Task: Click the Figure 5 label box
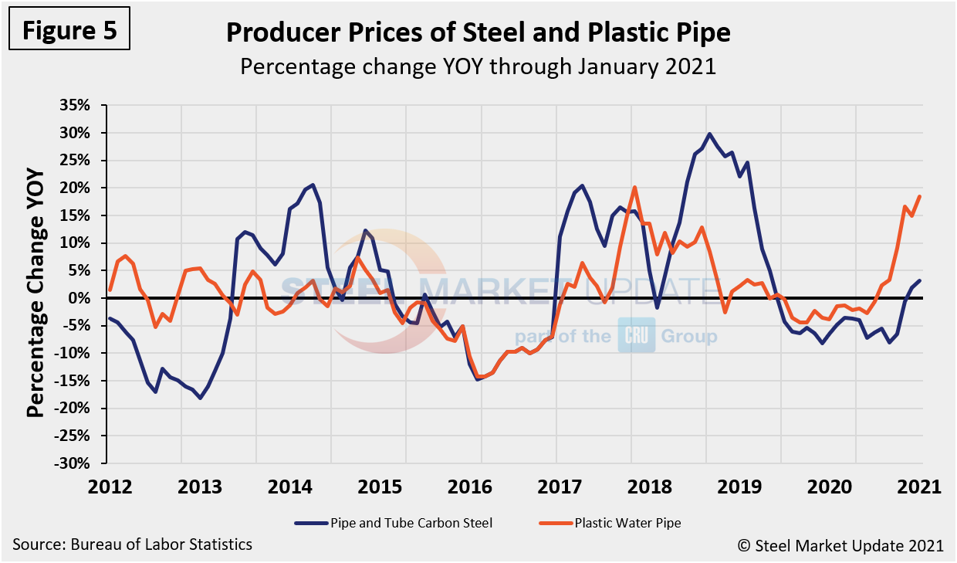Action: click(x=69, y=31)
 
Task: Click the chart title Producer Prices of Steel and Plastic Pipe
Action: click(x=478, y=32)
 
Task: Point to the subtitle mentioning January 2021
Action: click(x=478, y=66)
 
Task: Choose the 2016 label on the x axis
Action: click(x=481, y=487)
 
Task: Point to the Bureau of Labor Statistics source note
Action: click(x=132, y=544)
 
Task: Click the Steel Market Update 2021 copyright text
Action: click(x=840, y=545)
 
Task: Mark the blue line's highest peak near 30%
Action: click(x=709, y=134)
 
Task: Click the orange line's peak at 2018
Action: click(x=634, y=187)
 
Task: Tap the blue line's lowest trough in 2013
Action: click(x=200, y=398)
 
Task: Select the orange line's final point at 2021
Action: click(x=920, y=196)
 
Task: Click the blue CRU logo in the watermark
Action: click(x=636, y=337)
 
